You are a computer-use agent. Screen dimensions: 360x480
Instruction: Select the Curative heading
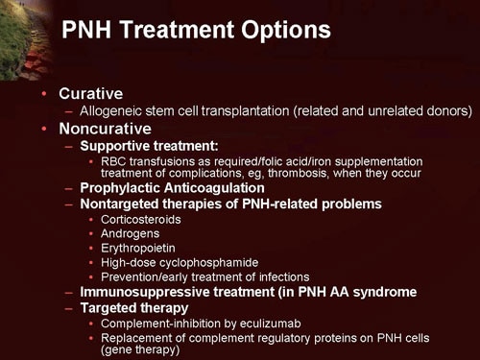pos(90,94)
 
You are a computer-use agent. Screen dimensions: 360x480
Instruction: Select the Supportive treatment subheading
pos(144,144)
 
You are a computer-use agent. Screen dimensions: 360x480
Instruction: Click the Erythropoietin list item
pos(138,248)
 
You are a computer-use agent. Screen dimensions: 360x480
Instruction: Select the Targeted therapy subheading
pos(134,307)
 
